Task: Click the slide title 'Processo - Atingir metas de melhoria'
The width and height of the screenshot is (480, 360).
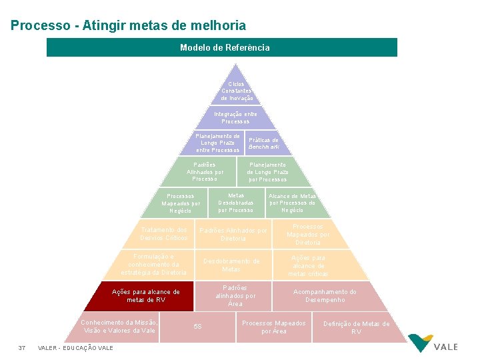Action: pyautogui.click(x=128, y=26)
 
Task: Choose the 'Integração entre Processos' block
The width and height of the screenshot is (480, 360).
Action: pyautogui.click(x=235, y=117)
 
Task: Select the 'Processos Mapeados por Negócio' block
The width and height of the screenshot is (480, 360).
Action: pyautogui.click(x=180, y=203)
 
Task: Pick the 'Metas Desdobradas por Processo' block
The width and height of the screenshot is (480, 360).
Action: pyautogui.click(x=236, y=203)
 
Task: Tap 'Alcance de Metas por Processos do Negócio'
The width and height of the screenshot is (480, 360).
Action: pyautogui.click(x=292, y=203)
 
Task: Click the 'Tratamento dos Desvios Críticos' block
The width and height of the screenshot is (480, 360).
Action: pyautogui.click(x=163, y=234)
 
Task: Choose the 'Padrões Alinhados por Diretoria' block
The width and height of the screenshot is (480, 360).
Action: pyautogui.click(x=233, y=234)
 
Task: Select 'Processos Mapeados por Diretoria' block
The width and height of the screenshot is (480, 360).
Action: pyautogui.click(x=308, y=234)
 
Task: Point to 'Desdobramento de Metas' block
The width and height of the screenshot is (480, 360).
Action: pyautogui.click(x=231, y=265)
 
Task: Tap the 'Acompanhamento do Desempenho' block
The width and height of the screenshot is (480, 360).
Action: pyautogui.click(x=325, y=296)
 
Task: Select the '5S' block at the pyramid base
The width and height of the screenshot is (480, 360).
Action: pyautogui.click(x=197, y=326)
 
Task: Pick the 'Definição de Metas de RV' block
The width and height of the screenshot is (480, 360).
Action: pyautogui.click(x=356, y=327)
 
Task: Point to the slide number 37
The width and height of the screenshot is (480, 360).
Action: pyautogui.click(x=22, y=348)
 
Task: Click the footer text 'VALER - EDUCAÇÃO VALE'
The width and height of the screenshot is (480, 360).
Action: pyautogui.click(x=75, y=348)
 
